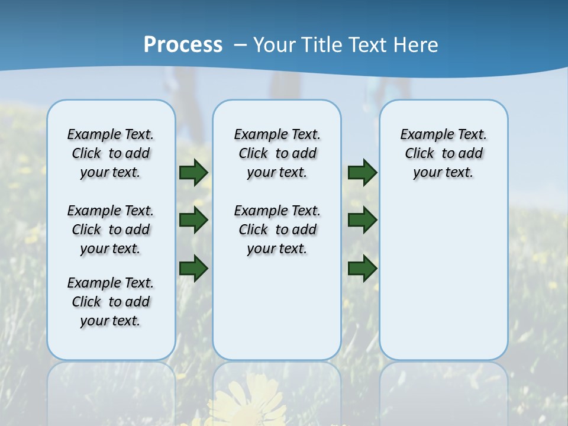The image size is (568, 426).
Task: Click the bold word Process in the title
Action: pos(183,45)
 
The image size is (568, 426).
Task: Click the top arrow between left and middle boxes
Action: pos(193,173)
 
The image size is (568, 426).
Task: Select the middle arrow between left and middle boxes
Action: pos(193,221)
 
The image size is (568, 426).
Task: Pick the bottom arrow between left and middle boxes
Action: pos(193,268)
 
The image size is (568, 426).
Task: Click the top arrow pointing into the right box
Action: pos(362,173)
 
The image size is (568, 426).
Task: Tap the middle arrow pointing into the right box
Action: pos(362,221)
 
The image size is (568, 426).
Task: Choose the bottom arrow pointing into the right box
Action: pos(362,268)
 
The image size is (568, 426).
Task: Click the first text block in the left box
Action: pos(111,153)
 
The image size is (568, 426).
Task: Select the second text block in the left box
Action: pos(111,230)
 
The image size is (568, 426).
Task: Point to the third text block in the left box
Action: pos(111,302)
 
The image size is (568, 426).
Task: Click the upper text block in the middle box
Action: pos(277,153)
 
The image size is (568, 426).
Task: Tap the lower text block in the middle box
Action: pos(277,230)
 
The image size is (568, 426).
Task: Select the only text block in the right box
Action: pos(443,153)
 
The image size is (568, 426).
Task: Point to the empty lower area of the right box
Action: pos(443,278)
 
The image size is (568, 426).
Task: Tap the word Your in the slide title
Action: pos(275,45)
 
